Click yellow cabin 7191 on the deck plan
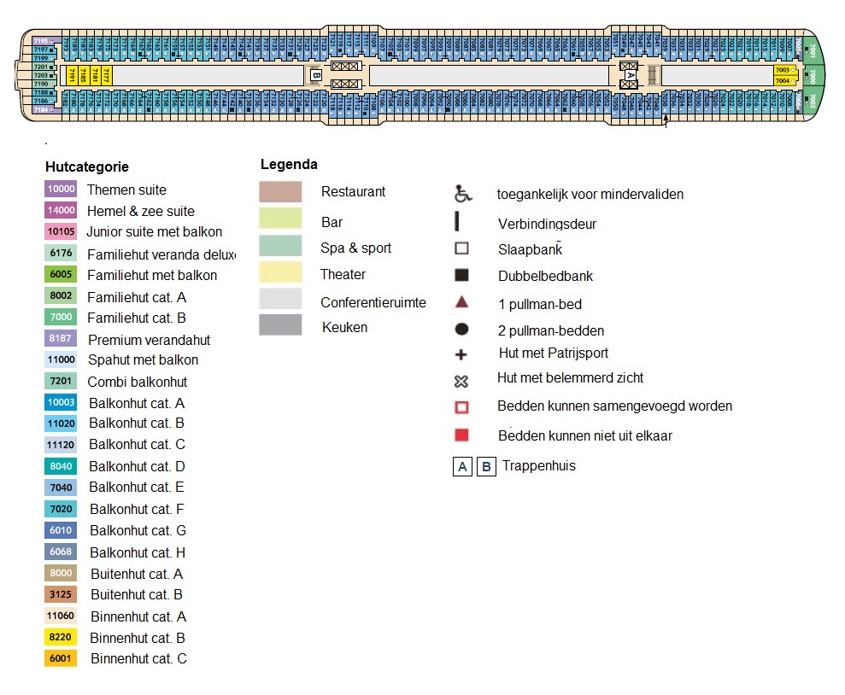click(72, 76)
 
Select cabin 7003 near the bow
click(783, 70)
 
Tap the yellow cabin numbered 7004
click(783, 81)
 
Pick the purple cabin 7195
click(42, 41)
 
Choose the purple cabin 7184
click(42, 110)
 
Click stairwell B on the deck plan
click(316, 75)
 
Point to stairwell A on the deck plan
click(631, 75)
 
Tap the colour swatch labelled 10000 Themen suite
click(61, 190)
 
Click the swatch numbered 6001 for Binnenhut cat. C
click(61, 658)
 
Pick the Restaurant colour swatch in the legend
click(280, 192)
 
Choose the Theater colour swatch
click(280, 273)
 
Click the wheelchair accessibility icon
click(463, 194)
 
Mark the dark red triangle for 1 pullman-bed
click(461, 302)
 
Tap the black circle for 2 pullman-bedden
click(461, 330)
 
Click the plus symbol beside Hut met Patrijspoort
click(461, 353)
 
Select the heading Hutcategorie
click(86, 167)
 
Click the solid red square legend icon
click(461, 435)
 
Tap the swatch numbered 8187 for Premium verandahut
click(61, 339)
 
